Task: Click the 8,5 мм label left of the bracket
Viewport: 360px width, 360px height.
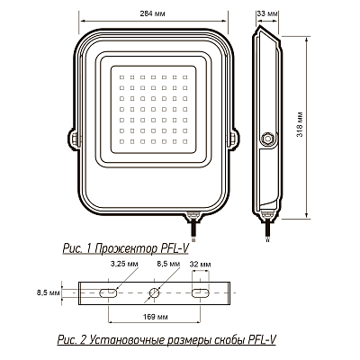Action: point(49,292)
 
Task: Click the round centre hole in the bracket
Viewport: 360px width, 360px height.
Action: point(155,292)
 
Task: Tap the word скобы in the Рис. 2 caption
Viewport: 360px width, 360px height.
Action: point(221,340)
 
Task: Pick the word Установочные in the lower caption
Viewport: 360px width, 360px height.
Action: point(125,340)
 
